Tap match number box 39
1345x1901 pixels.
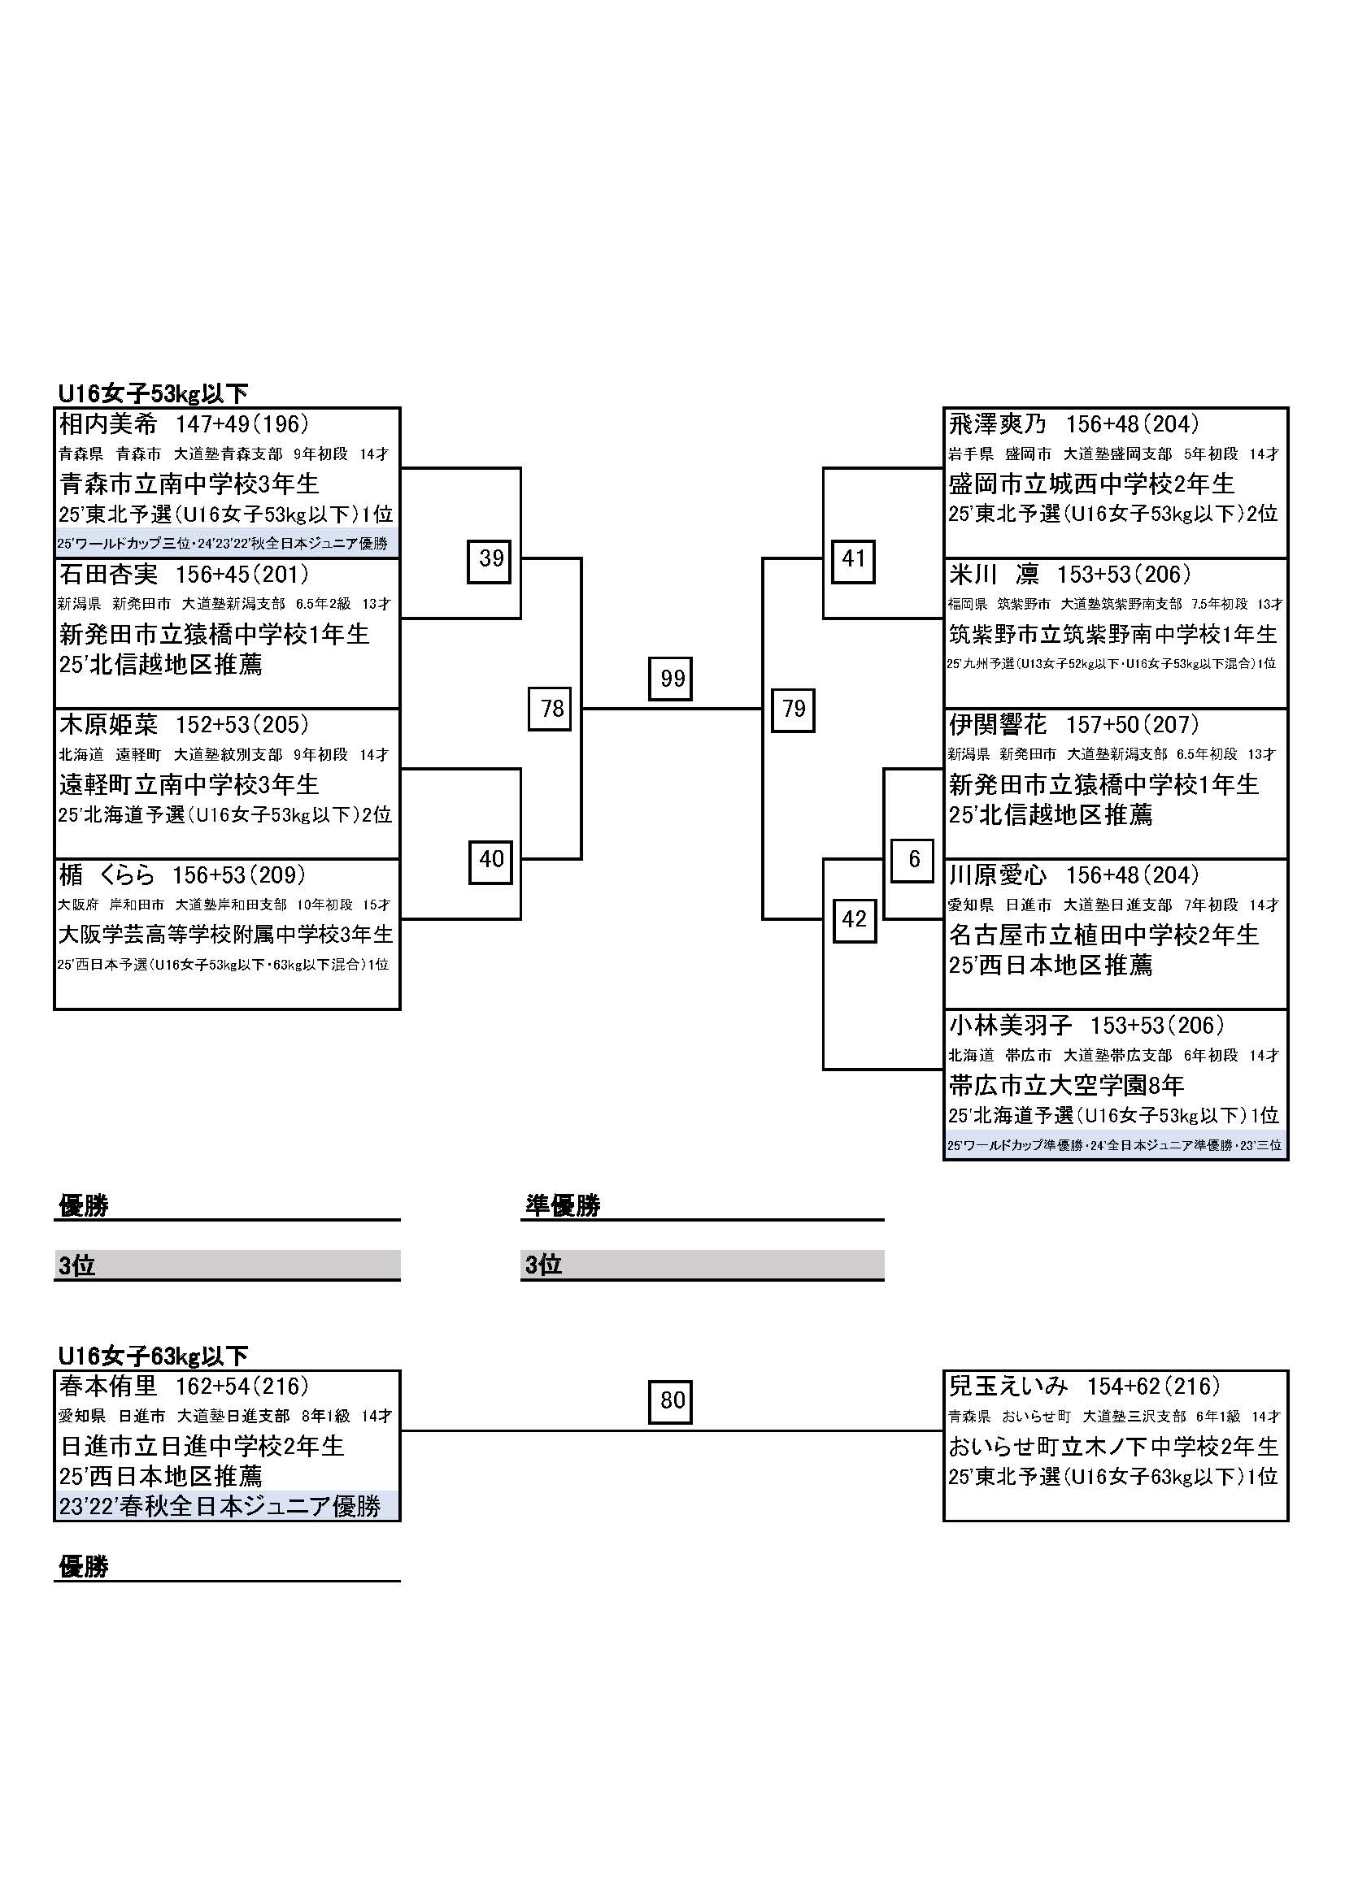click(490, 559)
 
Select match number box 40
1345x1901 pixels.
click(490, 859)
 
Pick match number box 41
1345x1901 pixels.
click(853, 559)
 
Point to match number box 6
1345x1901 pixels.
click(912, 859)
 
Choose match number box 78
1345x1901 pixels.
click(551, 709)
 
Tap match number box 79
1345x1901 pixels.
click(793, 709)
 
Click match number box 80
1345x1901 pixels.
click(670, 1401)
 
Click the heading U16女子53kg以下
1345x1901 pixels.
click(153, 393)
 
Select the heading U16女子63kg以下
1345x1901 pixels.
click(153, 1356)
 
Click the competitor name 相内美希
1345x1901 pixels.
click(108, 424)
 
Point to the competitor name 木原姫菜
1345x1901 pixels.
click(108, 724)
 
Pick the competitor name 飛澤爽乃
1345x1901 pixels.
click(997, 424)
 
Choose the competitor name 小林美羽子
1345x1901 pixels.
click(1010, 1025)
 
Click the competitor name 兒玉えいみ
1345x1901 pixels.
click(1008, 1386)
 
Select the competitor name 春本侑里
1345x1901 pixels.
click(108, 1386)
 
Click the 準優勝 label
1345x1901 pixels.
click(563, 1205)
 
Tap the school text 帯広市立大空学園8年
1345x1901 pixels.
click(1066, 1085)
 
